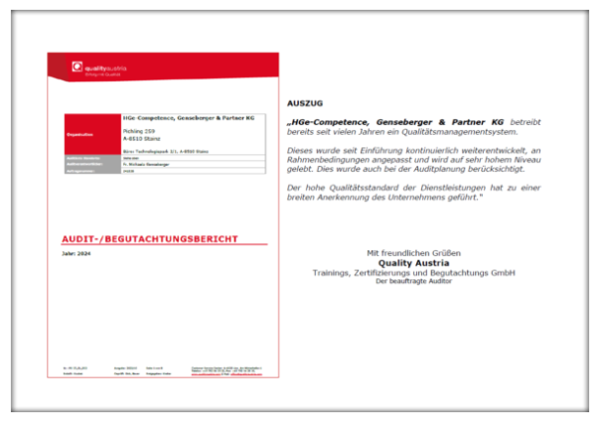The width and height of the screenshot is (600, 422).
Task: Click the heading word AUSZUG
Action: [x=298, y=103]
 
